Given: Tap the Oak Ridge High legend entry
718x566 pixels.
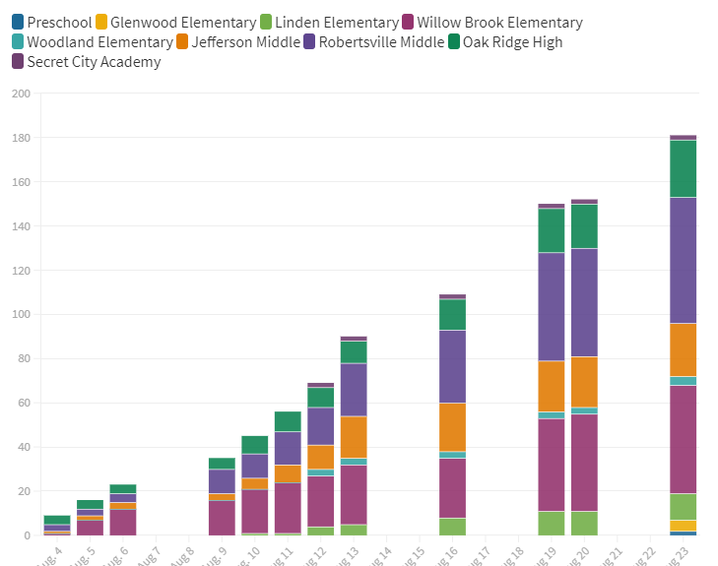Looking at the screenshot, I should [512, 42].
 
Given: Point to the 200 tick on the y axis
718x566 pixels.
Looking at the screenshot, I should [21, 94].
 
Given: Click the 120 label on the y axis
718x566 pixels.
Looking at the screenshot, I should [21, 271].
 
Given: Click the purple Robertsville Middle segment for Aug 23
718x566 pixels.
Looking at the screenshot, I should [683, 260].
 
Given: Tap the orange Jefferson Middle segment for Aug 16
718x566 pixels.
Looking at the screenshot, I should [452, 426].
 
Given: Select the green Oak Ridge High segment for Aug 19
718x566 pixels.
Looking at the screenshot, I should [551, 230].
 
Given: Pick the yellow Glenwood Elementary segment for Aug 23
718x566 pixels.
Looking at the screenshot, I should [683, 526].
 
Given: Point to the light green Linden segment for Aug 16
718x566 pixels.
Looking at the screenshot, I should [452, 527].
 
